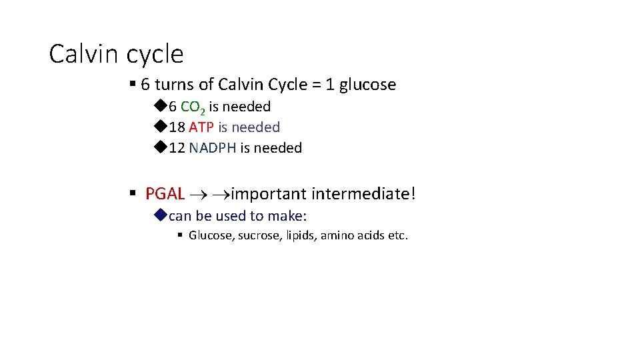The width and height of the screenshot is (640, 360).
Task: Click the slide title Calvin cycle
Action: (116, 53)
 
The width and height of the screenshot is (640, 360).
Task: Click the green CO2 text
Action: (193, 107)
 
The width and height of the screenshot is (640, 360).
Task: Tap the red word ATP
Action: (201, 127)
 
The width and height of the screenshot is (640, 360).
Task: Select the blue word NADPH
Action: (212, 147)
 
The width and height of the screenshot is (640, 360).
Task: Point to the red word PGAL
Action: (165, 194)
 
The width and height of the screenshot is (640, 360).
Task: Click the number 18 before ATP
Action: (177, 127)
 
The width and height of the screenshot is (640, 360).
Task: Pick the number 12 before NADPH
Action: (177, 147)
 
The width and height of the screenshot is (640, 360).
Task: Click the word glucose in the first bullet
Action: (367, 85)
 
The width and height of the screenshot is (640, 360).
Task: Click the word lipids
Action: (301, 235)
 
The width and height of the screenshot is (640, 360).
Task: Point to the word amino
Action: (338, 235)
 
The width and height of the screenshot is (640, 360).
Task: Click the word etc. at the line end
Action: (398, 235)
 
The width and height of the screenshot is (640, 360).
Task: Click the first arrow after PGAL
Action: (199, 195)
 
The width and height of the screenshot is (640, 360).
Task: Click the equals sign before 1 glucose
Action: (323, 85)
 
